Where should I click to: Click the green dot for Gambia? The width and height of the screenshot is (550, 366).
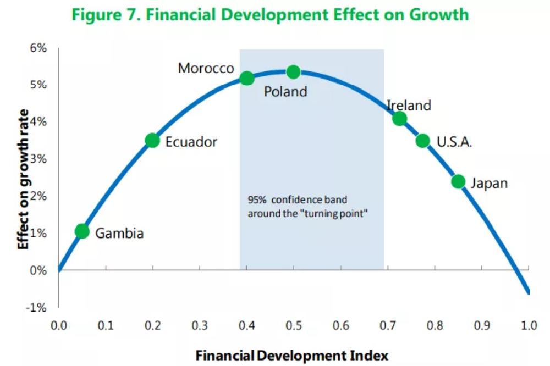(x=82, y=231)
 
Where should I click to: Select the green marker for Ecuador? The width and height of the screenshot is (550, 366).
(x=152, y=141)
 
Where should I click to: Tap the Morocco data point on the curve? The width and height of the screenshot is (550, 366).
(x=247, y=78)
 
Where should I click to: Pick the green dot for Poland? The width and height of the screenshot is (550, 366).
(x=294, y=71)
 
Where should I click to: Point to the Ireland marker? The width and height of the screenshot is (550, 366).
(x=399, y=119)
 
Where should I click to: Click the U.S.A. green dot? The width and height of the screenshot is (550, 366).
(x=422, y=141)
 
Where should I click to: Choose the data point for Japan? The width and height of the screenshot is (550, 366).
(x=458, y=181)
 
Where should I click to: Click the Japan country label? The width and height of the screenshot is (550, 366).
(x=489, y=183)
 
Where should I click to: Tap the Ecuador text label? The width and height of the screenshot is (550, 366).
(x=191, y=142)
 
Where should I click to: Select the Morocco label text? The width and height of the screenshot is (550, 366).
(x=206, y=69)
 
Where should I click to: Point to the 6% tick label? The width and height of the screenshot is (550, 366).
(x=37, y=48)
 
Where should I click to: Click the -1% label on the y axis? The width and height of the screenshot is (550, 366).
(x=36, y=307)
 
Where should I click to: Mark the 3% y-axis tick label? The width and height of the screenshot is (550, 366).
(x=37, y=159)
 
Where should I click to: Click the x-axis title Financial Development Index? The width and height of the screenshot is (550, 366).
(x=291, y=356)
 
